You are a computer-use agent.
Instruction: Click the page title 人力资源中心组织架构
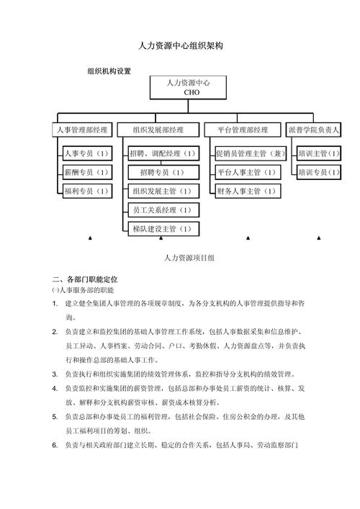point(181,45)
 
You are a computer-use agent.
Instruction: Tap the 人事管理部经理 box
point(82,130)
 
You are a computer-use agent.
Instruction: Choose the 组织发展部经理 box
point(158,130)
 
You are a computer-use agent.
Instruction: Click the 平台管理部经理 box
point(242,130)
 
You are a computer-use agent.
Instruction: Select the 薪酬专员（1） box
point(86,173)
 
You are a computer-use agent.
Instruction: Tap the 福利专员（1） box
point(86,192)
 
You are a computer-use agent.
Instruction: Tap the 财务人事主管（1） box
point(246,192)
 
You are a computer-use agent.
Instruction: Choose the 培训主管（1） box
point(318,154)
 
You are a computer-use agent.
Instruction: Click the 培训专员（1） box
point(318,173)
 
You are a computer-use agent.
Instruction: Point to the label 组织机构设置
point(109,71)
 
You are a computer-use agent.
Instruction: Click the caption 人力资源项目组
point(189,257)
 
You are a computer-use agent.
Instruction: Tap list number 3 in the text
point(55,374)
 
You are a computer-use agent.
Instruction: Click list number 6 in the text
point(55,445)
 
